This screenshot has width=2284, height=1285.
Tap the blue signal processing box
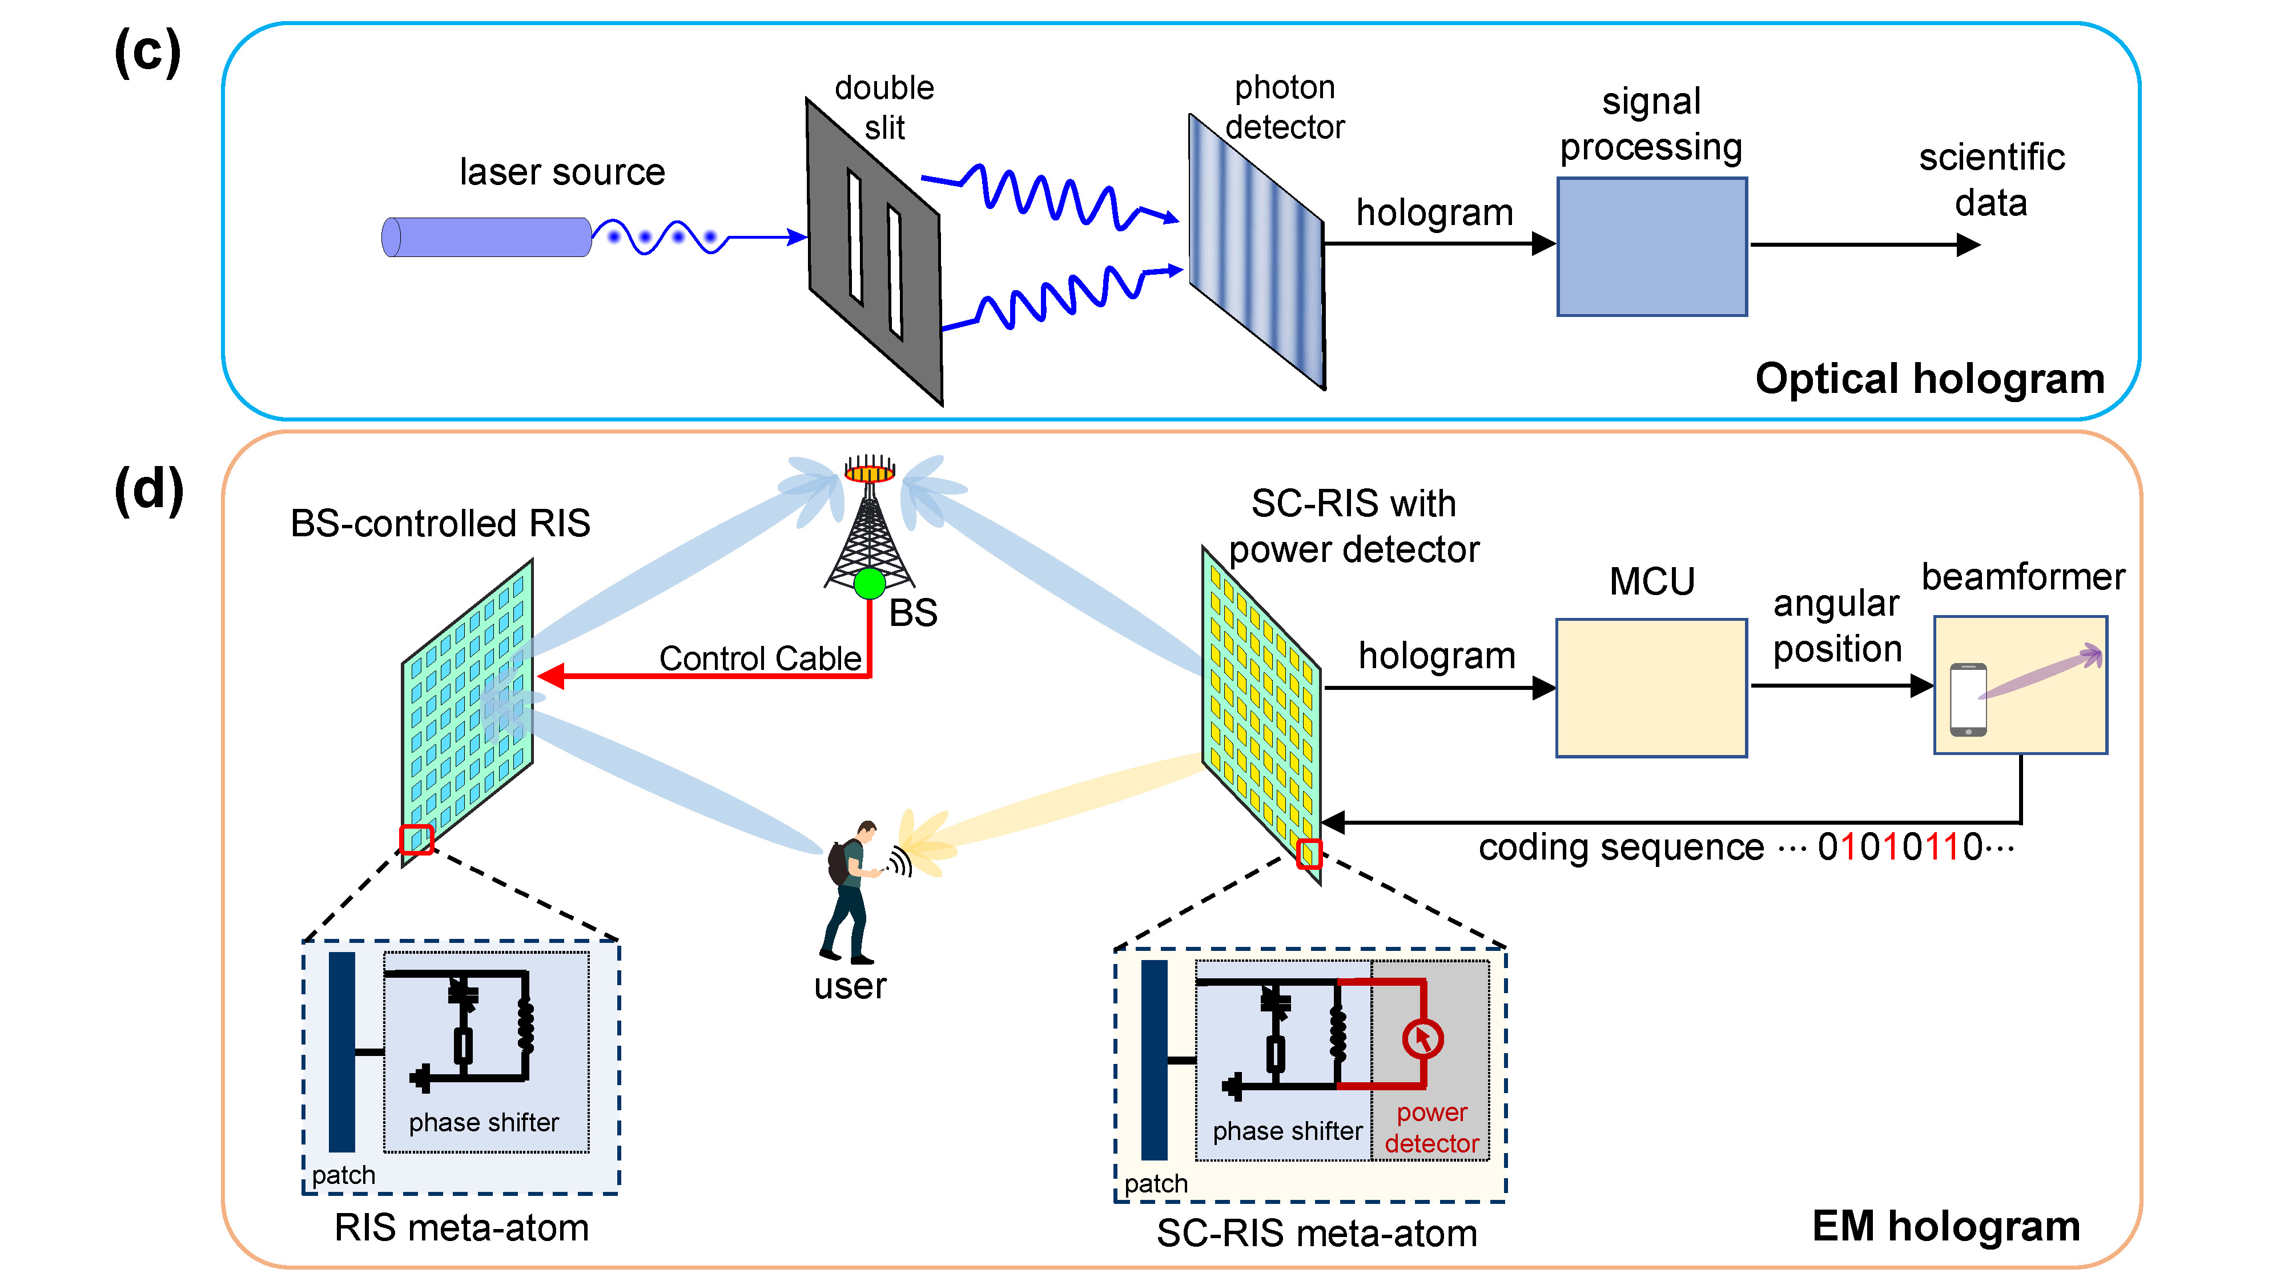point(1651,247)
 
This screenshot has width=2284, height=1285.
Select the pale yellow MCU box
point(1650,687)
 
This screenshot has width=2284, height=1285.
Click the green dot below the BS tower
point(869,584)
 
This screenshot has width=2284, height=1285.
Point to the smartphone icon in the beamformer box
point(1968,699)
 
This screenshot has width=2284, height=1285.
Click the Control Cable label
point(760,658)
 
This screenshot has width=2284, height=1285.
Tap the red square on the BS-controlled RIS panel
point(416,839)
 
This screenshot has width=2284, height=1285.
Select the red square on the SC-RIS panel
point(1309,853)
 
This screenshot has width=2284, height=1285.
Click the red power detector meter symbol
point(1422,1038)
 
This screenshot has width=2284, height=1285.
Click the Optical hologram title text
point(1929,379)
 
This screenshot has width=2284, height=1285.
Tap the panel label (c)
point(147,51)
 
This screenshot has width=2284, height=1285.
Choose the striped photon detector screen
point(1256,251)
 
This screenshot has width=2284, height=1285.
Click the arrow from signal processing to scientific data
point(1862,245)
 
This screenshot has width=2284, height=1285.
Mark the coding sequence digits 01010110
point(1899,847)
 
